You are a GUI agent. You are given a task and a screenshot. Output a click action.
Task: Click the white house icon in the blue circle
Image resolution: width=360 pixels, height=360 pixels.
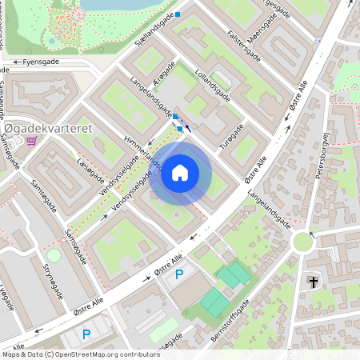tap(180, 173)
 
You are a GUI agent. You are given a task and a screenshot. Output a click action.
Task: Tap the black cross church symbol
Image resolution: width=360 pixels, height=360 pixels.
tap(314, 282)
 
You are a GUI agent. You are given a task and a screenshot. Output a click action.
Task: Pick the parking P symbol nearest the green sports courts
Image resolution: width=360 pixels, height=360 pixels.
tap(179, 274)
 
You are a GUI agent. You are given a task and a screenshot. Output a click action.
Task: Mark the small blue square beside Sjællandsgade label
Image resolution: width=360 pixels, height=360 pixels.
tap(178, 14)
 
